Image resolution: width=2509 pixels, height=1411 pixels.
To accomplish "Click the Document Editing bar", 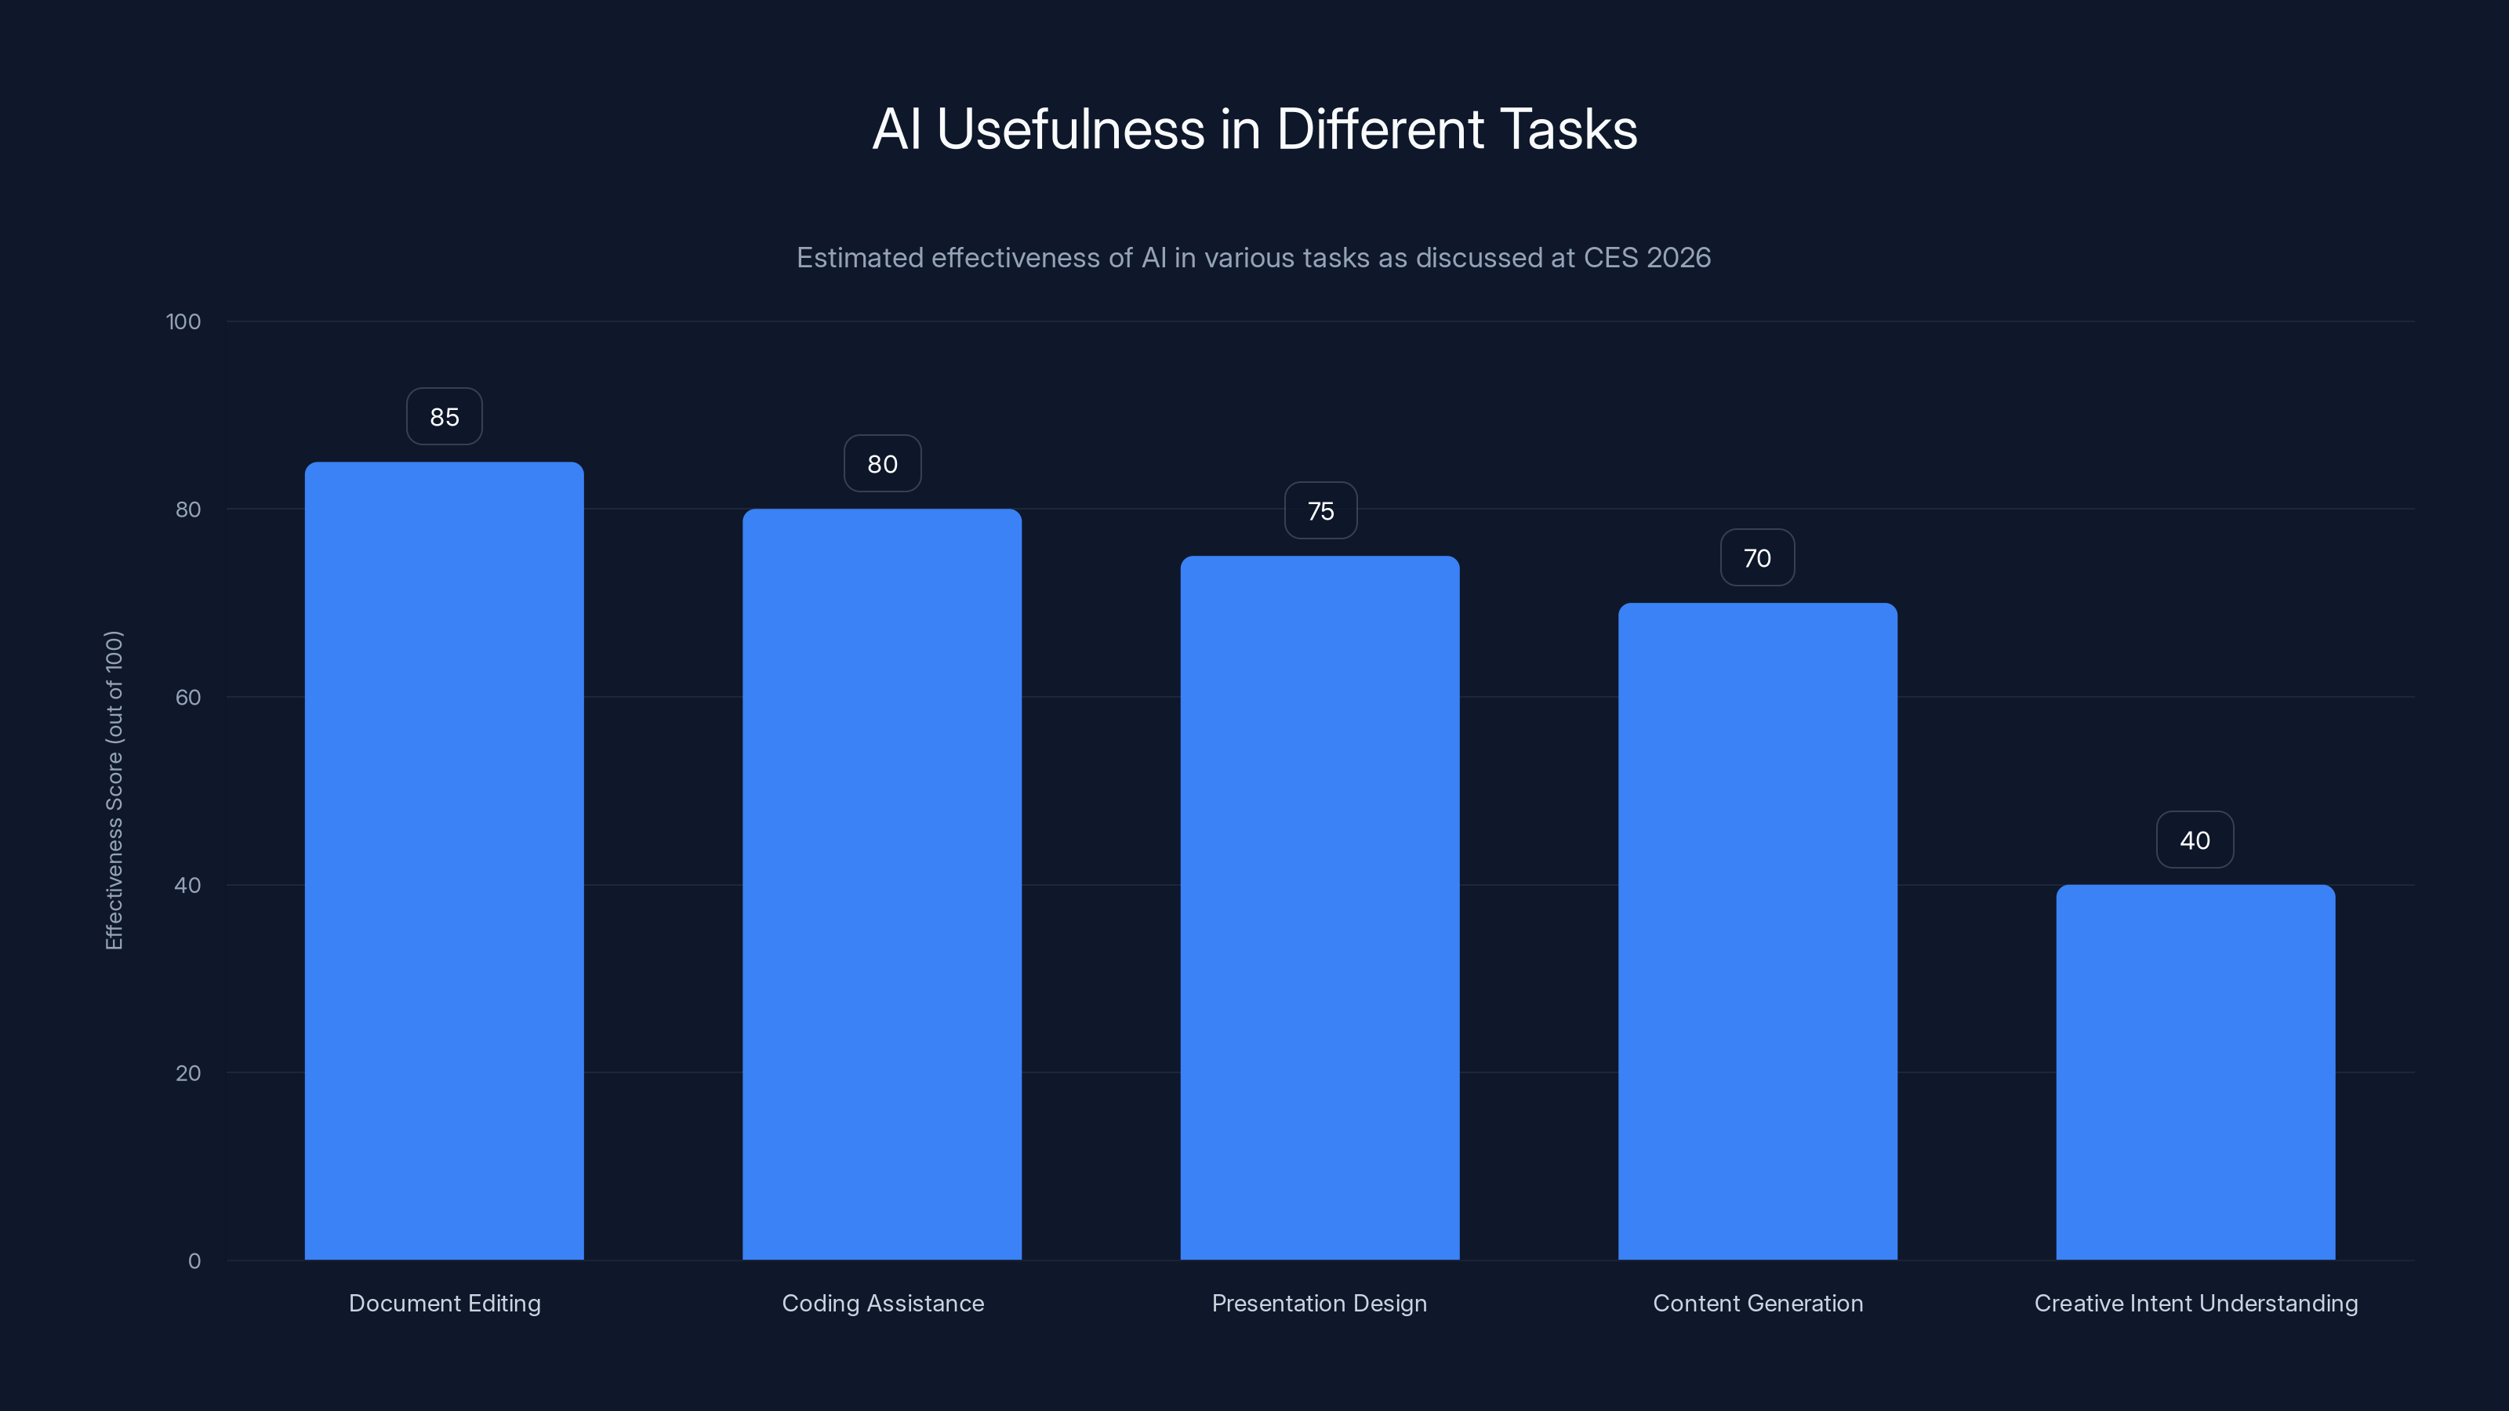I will coord(444,861).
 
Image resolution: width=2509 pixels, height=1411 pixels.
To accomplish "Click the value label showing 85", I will coord(444,417).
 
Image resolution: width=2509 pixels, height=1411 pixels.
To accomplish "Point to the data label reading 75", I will coord(1320,511).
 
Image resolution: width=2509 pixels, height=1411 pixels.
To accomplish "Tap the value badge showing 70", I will coord(1757,558).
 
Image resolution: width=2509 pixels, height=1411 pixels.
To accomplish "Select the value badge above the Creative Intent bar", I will coord(2195,840).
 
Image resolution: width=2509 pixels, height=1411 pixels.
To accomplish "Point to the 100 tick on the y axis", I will coord(183,322).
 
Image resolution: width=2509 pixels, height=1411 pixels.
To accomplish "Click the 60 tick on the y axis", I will coord(188,697).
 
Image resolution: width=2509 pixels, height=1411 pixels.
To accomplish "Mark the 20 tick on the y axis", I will coord(188,1073).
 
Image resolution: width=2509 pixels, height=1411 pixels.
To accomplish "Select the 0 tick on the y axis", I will coord(194,1261).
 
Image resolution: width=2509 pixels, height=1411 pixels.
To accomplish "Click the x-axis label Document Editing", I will coord(444,1303).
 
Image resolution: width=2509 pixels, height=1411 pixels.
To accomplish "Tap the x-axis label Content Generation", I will coord(1757,1303).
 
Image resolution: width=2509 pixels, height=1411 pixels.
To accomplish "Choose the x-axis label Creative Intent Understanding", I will coord(2195,1303).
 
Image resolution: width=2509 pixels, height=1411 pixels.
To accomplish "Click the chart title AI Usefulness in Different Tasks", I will coord(1254,129).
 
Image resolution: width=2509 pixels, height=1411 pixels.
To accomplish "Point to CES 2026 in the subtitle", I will coord(1646,258).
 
